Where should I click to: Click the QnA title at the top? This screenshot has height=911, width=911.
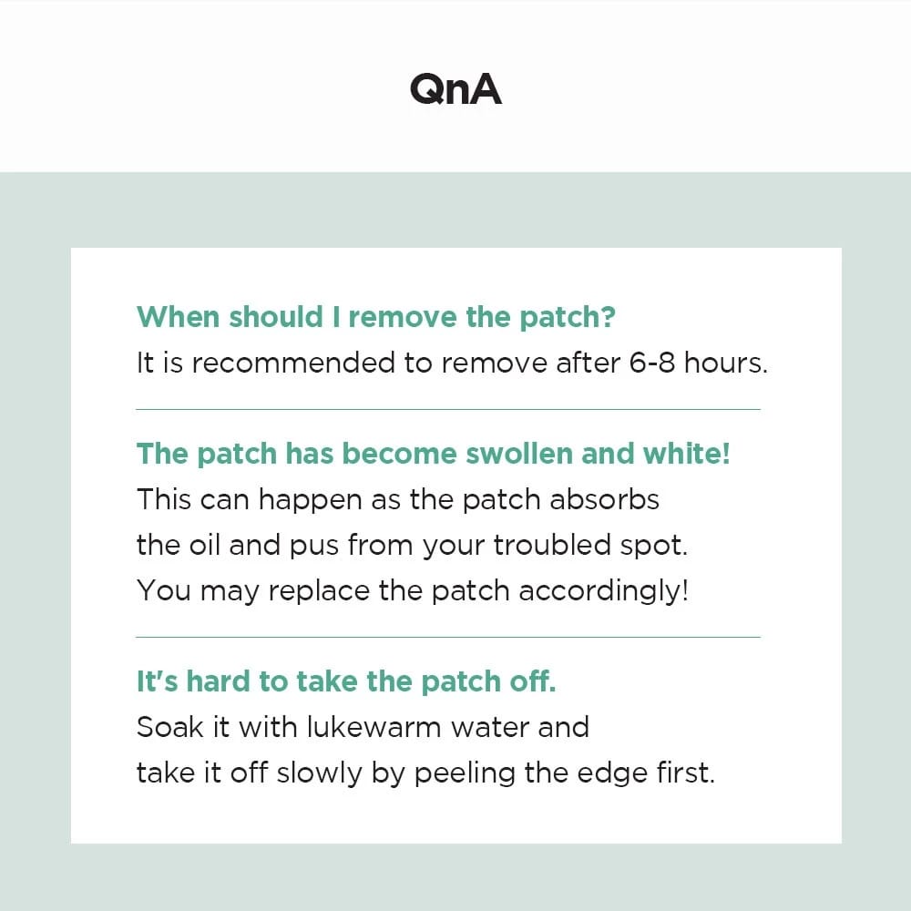(x=455, y=88)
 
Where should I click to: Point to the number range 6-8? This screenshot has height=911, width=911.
(x=652, y=363)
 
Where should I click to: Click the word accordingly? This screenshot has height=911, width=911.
(x=603, y=592)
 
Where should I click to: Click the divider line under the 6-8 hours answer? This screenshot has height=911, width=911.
(x=447, y=410)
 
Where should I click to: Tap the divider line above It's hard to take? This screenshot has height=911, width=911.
(x=447, y=638)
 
